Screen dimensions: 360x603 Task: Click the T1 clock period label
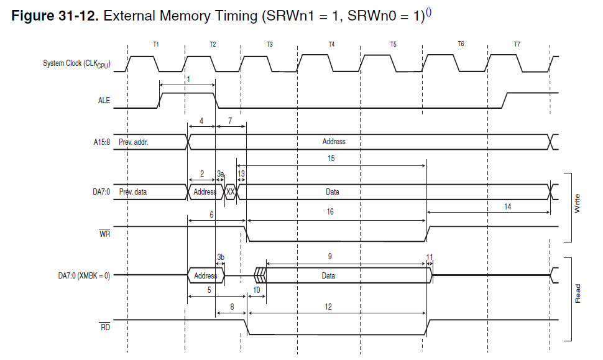(155, 44)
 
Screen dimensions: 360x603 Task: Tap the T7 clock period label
(517, 44)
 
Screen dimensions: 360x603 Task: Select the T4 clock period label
(331, 44)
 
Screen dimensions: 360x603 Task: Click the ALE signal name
(104, 101)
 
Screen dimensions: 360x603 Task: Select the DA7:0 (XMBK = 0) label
(80, 275)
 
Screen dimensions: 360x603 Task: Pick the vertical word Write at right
(577, 204)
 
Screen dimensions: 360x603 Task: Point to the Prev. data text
(132, 192)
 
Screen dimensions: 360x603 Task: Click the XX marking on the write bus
(230, 192)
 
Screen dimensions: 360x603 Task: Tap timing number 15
(331, 159)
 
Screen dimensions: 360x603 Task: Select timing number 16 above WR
(330, 212)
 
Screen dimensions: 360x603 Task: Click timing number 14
(508, 206)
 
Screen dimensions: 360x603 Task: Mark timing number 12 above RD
(328, 307)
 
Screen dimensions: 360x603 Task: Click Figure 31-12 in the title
(55, 16)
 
